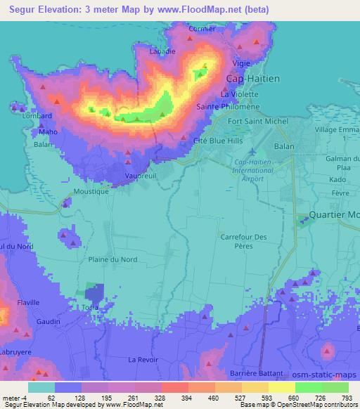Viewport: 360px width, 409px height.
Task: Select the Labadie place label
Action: [162, 51]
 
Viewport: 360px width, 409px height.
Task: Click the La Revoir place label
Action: [141, 359]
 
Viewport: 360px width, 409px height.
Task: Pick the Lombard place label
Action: [37, 115]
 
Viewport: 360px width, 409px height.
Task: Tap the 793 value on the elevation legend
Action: [346, 397]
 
